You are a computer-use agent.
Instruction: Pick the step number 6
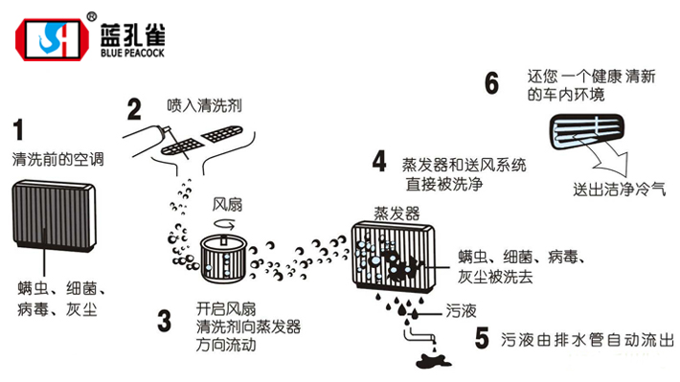[x=492, y=83]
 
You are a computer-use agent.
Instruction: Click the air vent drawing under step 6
[x=591, y=132]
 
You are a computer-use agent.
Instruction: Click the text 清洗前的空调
[x=57, y=157]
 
